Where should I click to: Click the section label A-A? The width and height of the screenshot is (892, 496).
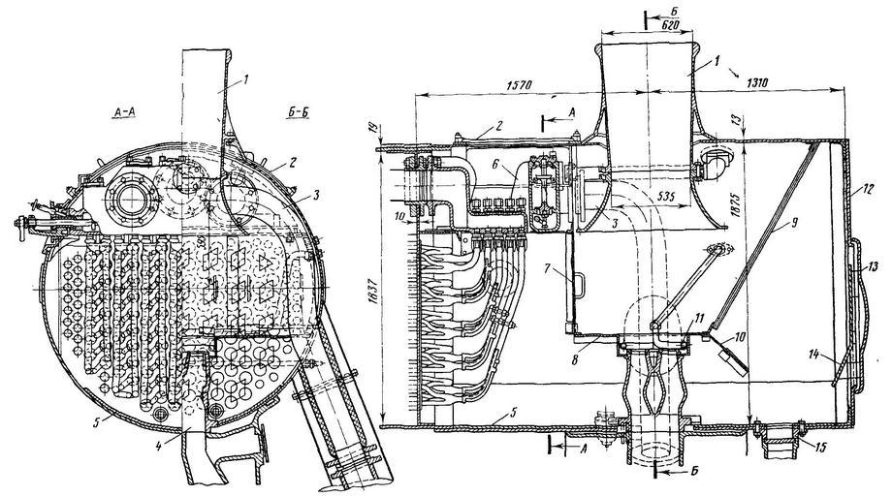pos(126,112)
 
